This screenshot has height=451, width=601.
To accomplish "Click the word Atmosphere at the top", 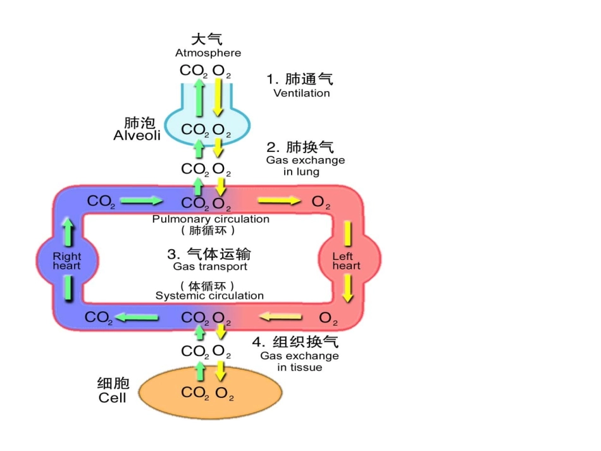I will tap(208, 53).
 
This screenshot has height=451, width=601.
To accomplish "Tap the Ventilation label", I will tap(301, 93).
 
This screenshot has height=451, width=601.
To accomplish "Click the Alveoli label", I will tap(137, 135).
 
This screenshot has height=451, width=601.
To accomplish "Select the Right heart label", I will tap(66, 261).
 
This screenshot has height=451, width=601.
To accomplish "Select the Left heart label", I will tap(346, 261).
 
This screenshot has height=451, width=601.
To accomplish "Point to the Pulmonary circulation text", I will tap(210, 219).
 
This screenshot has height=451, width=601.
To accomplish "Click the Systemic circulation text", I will tap(209, 295).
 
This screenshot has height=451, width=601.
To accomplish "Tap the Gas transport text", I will tap(210, 266).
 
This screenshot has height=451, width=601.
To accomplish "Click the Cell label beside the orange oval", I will tap(112, 398).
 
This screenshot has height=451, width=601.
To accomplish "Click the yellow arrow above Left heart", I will tap(347, 233).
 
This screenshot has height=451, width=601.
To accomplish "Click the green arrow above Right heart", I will tap(68, 231).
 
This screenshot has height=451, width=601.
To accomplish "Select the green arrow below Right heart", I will tap(68, 290).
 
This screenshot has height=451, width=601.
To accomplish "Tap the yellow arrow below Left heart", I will tap(347, 289).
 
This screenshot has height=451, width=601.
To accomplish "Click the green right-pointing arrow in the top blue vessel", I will tap(141, 201).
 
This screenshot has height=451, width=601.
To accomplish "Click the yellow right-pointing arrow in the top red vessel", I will tap(279, 201).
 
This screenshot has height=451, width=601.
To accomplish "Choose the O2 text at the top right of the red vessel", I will tap(321, 202).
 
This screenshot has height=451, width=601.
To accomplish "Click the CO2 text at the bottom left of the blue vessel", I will tap(99, 318).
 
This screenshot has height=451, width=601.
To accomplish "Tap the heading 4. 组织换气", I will tap(295, 342).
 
